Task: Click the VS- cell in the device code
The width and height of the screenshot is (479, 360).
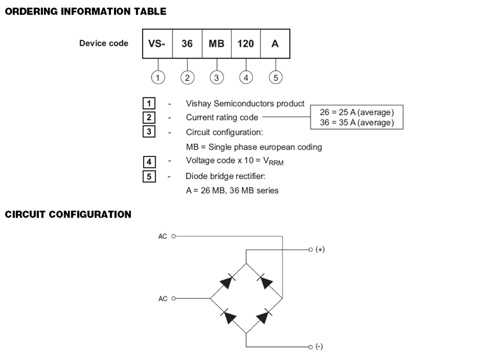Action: (x=157, y=44)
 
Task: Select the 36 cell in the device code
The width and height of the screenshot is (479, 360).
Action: (x=187, y=44)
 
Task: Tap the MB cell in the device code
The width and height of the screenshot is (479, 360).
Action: (x=216, y=44)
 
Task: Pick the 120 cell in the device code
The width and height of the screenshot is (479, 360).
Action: (x=246, y=44)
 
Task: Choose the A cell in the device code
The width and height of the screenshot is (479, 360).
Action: (x=275, y=44)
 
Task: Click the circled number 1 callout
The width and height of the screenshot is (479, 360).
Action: (x=158, y=78)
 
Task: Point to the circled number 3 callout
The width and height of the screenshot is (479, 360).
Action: (x=216, y=78)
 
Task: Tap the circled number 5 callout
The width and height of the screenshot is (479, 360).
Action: (x=276, y=78)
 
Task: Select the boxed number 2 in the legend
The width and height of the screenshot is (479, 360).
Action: (x=149, y=118)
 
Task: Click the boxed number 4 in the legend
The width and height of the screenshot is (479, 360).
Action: (x=149, y=162)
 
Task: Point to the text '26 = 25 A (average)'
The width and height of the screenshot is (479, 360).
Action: (x=357, y=112)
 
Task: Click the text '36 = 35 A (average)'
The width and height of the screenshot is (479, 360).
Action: (x=357, y=122)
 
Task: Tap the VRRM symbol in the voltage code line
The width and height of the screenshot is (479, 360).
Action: (x=273, y=161)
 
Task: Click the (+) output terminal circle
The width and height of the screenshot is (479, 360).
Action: (x=311, y=250)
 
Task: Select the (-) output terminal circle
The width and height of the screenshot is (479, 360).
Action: (x=311, y=347)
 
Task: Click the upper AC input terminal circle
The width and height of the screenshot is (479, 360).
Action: (x=174, y=236)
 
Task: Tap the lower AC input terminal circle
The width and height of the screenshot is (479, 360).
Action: (x=174, y=299)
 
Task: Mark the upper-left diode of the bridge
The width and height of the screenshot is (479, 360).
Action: (x=228, y=282)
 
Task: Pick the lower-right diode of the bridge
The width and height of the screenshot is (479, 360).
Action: (x=264, y=316)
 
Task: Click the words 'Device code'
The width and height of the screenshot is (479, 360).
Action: (x=104, y=43)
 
